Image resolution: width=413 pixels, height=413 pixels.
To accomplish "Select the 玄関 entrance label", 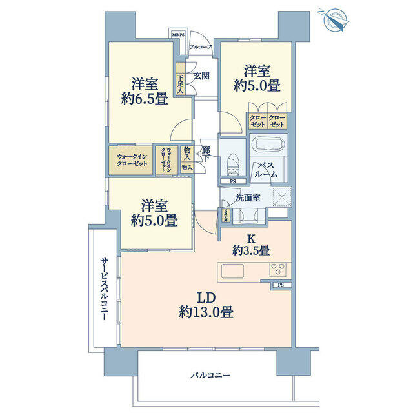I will (201, 76).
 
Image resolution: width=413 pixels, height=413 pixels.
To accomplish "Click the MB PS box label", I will (177, 35).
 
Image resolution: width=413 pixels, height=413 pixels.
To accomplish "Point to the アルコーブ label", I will (200, 48).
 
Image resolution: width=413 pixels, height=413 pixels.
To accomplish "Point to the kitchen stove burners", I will (277, 269).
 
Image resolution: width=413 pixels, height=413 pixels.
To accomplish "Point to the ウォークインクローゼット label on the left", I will (132, 159).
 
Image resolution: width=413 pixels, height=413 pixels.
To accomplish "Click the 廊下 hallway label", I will (206, 155).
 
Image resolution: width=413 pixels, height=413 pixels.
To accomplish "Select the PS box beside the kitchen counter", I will (281, 285).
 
